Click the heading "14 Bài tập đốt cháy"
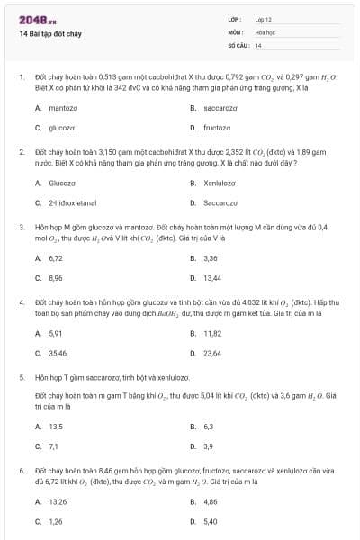(52, 33)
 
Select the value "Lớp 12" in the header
(263, 19)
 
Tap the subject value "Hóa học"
(265, 31)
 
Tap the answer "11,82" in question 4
(212, 333)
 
